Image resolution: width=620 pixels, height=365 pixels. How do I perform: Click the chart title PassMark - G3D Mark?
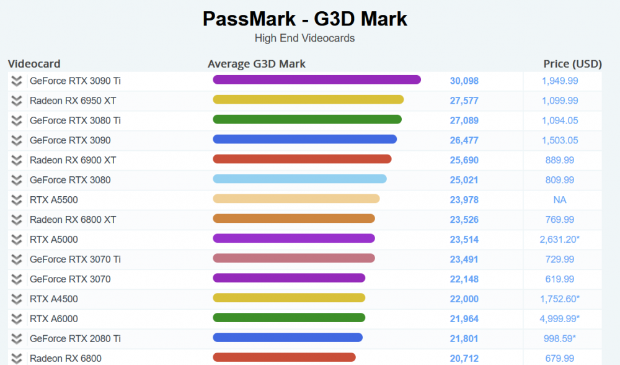tap(304, 19)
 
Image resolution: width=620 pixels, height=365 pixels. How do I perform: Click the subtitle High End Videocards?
tap(304, 38)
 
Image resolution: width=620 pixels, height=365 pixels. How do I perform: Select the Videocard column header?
tap(34, 63)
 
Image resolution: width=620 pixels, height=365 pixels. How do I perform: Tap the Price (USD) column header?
tap(572, 63)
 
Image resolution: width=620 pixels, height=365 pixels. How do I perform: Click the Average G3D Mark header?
tap(257, 63)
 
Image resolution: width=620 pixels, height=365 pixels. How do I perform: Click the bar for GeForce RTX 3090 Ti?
tap(317, 79)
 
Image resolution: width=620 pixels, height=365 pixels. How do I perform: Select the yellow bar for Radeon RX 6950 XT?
tap(308, 99)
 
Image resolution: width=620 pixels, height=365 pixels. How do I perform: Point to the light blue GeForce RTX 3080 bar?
tap(299, 179)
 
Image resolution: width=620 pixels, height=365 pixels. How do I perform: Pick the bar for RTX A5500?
tap(296, 199)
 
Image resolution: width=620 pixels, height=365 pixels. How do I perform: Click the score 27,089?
tap(464, 120)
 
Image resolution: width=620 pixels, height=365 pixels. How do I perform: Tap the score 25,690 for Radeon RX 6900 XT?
tap(464, 160)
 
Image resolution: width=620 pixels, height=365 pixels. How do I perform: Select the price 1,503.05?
tap(560, 140)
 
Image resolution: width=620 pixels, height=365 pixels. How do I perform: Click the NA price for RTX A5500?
tap(560, 200)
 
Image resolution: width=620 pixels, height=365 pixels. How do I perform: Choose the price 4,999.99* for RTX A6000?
tap(560, 319)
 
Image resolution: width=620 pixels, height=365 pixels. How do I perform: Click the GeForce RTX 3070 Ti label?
tap(75, 259)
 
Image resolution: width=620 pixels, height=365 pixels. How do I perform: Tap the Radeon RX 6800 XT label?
tap(73, 220)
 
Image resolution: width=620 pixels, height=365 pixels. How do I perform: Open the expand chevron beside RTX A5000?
tap(17, 240)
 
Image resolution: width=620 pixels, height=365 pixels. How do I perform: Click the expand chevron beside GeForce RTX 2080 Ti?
tap(17, 339)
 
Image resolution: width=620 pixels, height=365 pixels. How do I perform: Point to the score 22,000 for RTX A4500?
tap(464, 299)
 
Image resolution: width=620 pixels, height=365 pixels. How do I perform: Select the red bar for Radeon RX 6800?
tap(284, 357)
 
